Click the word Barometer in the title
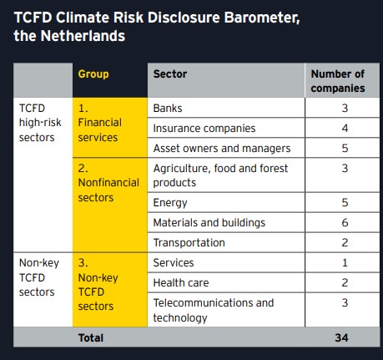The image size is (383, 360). [x=262, y=18]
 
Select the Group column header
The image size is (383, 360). [x=93, y=74]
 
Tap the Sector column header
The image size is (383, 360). [x=170, y=74]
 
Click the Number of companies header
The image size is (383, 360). [x=338, y=81]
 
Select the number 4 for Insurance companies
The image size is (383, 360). [x=345, y=128]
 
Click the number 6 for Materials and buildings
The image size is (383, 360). [x=345, y=222]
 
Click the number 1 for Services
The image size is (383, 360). [x=345, y=262]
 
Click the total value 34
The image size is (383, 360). [x=341, y=337]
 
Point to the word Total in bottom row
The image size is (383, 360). [x=91, y=337]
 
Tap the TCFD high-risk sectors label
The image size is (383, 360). [x=40, y=123]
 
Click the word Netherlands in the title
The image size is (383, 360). [x=83, y=36]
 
